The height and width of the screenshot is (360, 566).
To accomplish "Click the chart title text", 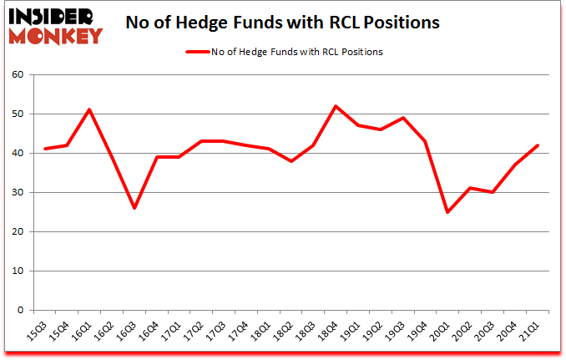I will pyautogui.click(x=282, y=23).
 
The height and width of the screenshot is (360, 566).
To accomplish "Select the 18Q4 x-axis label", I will pyautogui.click(x=330, y=331).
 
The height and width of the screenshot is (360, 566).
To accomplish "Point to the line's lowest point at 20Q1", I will pyautogui.click(x=448, y=212).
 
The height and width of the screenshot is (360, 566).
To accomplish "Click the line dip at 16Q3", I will pyautogui.click(x=134, y=208).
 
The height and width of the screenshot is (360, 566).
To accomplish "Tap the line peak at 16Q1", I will pyautogui.click(x=89, y=110).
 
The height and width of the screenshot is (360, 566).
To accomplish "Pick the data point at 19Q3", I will pyautogui.click(x=404, y=118).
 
